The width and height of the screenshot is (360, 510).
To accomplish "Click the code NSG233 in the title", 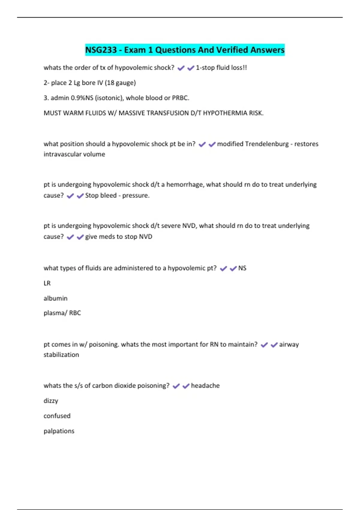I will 101,50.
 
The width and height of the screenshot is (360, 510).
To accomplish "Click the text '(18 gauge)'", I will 120,83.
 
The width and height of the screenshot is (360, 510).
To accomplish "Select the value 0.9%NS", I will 82,98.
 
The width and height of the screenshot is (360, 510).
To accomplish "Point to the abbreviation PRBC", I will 180,98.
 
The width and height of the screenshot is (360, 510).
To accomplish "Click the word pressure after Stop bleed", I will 136,196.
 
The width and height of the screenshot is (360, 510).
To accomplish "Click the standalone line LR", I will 47,283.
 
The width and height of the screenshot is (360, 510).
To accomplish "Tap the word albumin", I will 55,298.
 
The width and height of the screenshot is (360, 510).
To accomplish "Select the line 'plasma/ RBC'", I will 62,313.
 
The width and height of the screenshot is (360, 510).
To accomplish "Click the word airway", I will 289,344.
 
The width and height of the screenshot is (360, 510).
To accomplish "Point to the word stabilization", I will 61,355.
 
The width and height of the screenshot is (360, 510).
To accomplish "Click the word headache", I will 205,385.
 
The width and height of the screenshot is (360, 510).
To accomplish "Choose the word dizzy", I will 51,401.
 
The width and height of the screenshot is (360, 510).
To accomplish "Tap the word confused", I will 57,416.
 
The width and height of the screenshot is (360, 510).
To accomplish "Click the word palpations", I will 59,431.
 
